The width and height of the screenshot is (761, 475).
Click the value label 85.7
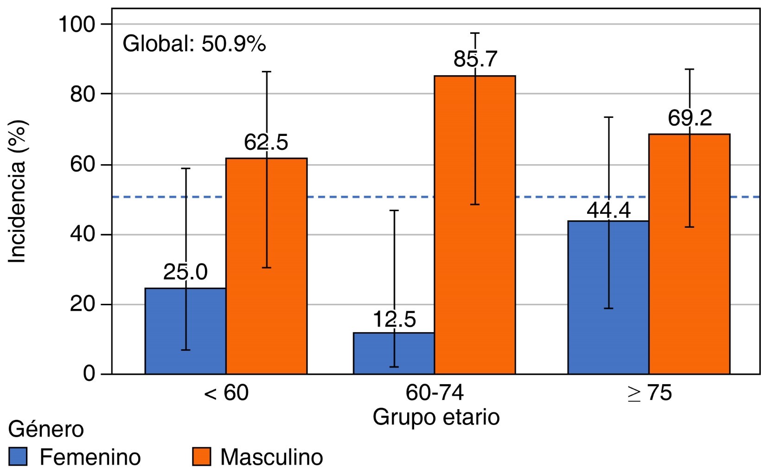pyautogui.click(x=475, y=59)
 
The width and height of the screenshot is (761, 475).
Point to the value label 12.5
pyautogui.click(x=394, y=320)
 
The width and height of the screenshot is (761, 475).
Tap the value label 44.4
pyautogui.click(x=608, y=210)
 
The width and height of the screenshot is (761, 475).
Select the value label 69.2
pyautogui.click(x=690, y=118)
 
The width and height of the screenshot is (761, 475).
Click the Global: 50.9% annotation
pyautogui.click(x=194, y=44)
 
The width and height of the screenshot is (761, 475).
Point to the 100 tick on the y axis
pyautogui.click(x=77, y=24)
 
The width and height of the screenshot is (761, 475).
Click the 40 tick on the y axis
pyautogui.click(x=83, y=234)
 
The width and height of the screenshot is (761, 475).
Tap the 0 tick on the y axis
pyautogui.click(x=90, y=373)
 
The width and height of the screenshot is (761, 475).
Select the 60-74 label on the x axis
pyautogui.click(x=435, y=393)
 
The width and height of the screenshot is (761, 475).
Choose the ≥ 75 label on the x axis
pyautogui.click(x=649, y=393)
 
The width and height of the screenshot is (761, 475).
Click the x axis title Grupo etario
pyautogui.click(x=436, y=417)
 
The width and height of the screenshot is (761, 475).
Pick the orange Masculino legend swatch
pyautogui.click(x=201, y=456)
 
